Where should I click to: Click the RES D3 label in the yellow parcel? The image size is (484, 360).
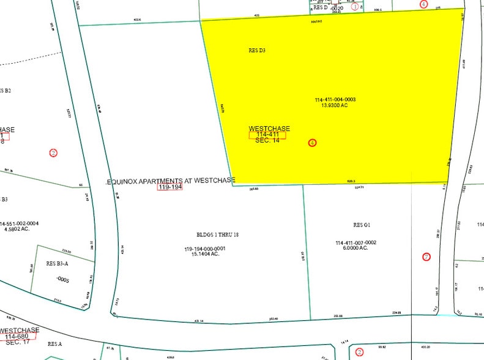click(x=257, y=51)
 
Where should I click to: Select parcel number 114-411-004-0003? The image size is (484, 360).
click(x=335, y=99)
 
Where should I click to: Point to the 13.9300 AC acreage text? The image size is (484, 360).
click(x=335, y=105)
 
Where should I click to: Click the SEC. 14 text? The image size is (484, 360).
click(x=267, y=141)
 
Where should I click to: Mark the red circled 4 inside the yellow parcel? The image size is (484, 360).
click(x=312, y=143)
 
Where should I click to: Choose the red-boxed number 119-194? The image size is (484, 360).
click(x=171, y=187)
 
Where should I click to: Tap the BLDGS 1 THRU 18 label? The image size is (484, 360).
click(x=204, y=234)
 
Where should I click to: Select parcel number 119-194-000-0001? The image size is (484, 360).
click(x=204, y=249)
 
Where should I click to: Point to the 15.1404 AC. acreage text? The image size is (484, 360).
click(x=204, y=254)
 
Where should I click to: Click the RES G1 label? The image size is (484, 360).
click(x=362, y=225)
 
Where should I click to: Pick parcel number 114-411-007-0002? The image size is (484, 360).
click(x=356, y=242)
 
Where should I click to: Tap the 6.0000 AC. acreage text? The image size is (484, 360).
click(x=356, y=248)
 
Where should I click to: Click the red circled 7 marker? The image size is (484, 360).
click(x=426, y=257)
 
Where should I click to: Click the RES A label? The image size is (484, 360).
click(x=55, y=344)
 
